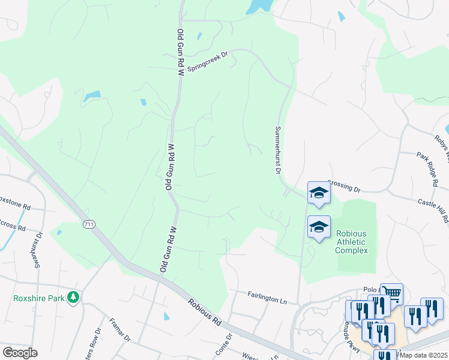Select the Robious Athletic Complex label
point(351,242)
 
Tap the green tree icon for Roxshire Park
point(73,297)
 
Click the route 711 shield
point(89,224)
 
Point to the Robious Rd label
point(203,312)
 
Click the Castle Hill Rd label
point(433,211)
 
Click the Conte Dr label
point(223,344)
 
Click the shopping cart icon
point(391,293)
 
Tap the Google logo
point(20,353)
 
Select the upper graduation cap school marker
point(319,193)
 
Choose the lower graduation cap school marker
point(319,227)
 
